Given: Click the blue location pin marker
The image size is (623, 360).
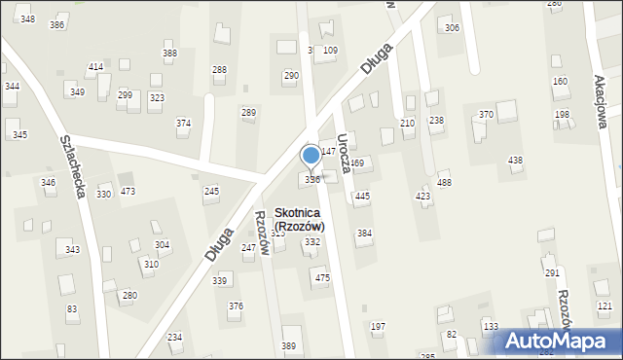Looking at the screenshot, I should (x=311, y=156).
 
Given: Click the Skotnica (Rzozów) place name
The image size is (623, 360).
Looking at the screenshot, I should (x=299, y=219).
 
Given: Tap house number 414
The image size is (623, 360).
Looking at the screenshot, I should (x=95, y=66).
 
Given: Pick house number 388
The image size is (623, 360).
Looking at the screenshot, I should (x=169, y=54).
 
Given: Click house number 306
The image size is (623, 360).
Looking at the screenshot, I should (x=452, y=27).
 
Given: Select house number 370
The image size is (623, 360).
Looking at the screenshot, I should (x=486, y=115).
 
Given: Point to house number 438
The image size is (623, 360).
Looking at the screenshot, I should (x=515, y=160).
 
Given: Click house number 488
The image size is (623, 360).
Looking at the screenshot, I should (x=444, y=183).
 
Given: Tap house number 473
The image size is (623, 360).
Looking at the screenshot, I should (x=128, y=191).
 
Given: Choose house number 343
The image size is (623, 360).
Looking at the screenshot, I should (x=72, y=250).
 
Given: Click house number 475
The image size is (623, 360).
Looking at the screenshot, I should (x=322, y=278).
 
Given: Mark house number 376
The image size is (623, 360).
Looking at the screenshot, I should (x=236, y=306).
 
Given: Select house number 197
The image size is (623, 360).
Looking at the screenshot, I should (x=378, y=326).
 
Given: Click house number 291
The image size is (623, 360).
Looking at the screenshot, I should (x=552, y=273).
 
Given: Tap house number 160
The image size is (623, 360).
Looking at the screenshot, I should (x=560, y=82).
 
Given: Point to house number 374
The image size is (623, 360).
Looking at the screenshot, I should (x=183, y=124).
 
